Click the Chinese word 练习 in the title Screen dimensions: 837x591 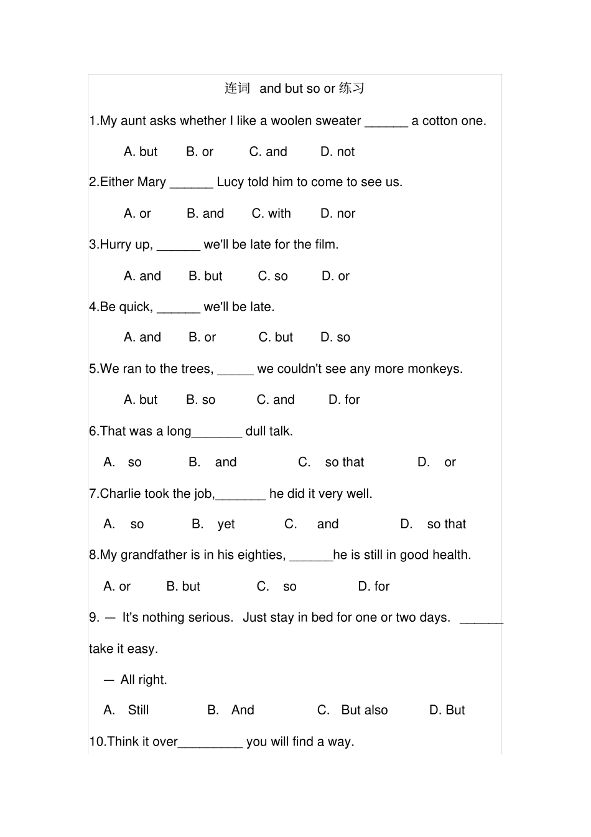[x=351, y=88]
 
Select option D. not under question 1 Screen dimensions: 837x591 [x=337, y=152]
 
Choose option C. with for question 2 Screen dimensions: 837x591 [x=271, y=213]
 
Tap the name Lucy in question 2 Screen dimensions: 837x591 [x=230, y=182]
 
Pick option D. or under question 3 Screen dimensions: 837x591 [x=335, y=276]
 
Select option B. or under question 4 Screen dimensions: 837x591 [x=202, y=337]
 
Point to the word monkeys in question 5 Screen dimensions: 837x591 [x=438, y=369]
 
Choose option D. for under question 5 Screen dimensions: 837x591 [x=344, y=400]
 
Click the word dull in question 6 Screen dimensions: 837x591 [x=256, y=431]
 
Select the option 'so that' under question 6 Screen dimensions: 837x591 [x=344, y=462]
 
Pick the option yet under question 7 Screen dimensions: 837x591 [x=226, y=525]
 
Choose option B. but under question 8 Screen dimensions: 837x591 [x=183, y=586]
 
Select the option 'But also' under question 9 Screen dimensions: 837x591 [x=364, y=710]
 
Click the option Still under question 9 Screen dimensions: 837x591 [x=138, y=710]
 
